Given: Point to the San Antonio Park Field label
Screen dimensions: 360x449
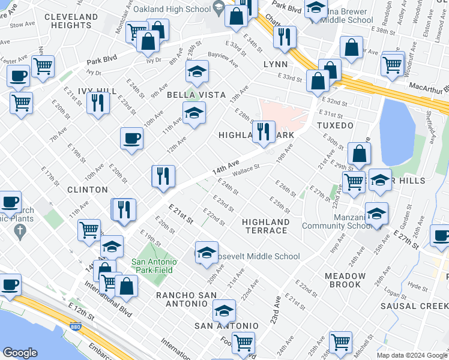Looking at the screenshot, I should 152,266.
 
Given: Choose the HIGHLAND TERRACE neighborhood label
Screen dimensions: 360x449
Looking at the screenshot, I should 266,226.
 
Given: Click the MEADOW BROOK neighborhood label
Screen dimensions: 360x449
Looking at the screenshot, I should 345,280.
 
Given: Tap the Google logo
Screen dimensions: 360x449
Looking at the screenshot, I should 20,353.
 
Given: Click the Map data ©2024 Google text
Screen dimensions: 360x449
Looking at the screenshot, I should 412,355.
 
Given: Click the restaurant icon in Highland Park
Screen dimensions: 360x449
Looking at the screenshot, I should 263,131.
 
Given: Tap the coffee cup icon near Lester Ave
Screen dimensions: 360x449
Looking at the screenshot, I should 18,76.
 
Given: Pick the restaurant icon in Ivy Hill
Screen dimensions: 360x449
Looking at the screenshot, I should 97,103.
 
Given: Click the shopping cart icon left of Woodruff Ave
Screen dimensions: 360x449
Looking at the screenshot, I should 392,64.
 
